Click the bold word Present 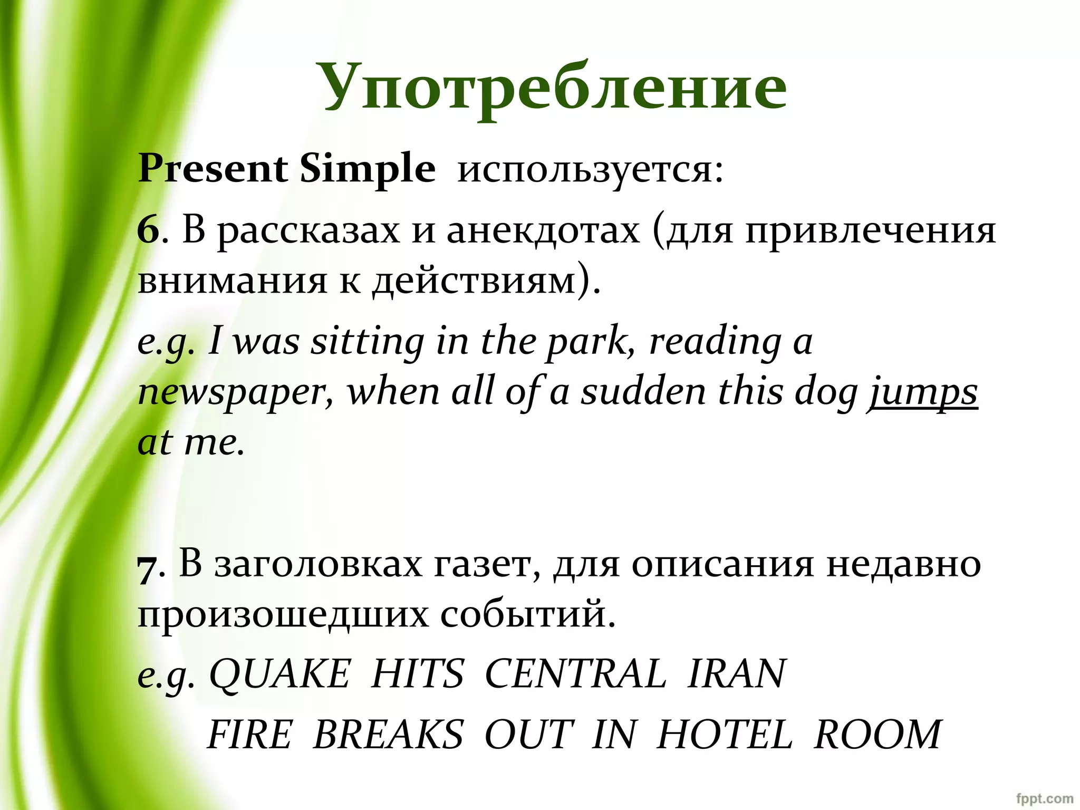[213, 169]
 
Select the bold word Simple [368, 170]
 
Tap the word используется [590, 170]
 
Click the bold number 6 [148, 231]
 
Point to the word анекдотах [543, 231]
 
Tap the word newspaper [235, 393]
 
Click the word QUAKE [279, 674]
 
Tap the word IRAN [737, 674]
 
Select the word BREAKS [388, 734]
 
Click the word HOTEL [725, 734]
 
